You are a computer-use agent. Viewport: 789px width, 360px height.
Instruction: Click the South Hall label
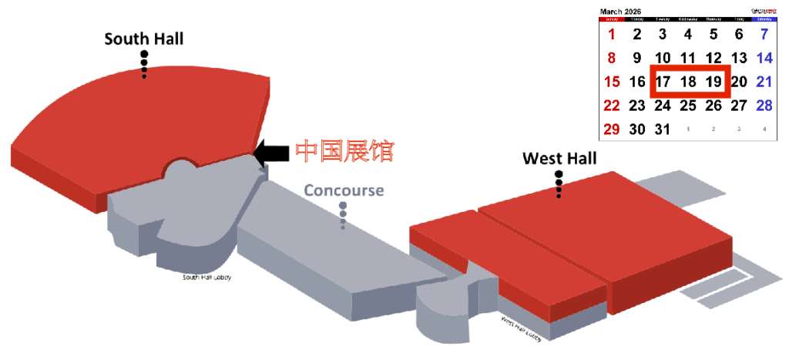[144, 39]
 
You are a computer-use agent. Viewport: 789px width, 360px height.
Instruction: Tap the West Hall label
[559, 159]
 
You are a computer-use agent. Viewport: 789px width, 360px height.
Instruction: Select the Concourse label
[343, 190]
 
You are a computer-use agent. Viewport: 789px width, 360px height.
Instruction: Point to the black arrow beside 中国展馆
[270, 152]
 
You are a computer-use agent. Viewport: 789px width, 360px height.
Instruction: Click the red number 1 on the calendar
[612, 34]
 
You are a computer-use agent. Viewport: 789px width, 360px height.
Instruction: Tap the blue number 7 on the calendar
[764, 34]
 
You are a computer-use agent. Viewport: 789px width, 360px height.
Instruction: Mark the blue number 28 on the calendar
[764, 106]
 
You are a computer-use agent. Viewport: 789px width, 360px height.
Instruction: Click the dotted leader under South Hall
[144, 65]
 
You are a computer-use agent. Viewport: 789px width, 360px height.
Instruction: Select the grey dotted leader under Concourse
[343, 215]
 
